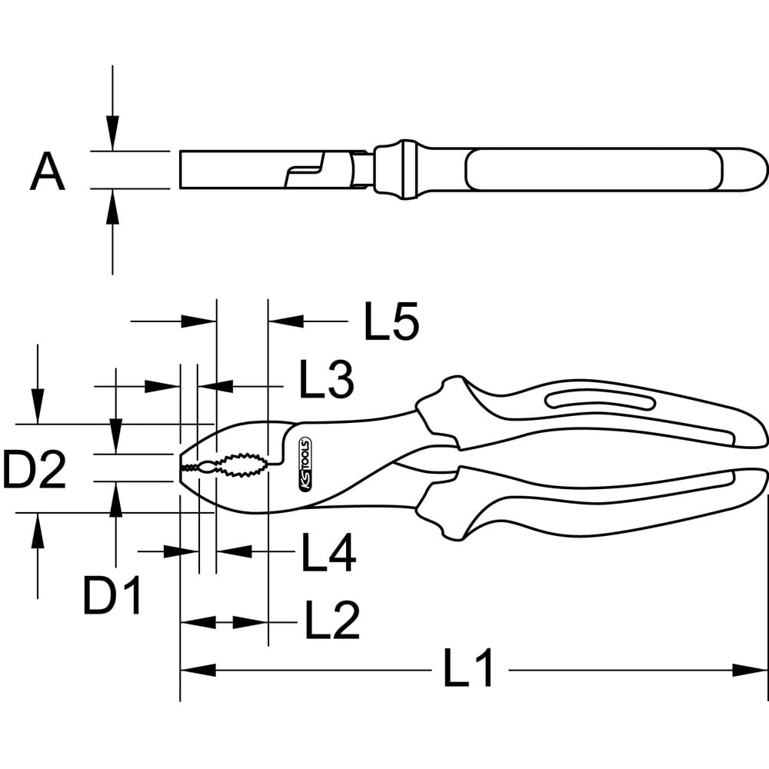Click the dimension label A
48,171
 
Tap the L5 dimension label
391,321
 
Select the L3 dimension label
326,378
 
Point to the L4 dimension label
328,552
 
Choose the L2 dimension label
332,619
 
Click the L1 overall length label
468,667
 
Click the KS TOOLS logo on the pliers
305,464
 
